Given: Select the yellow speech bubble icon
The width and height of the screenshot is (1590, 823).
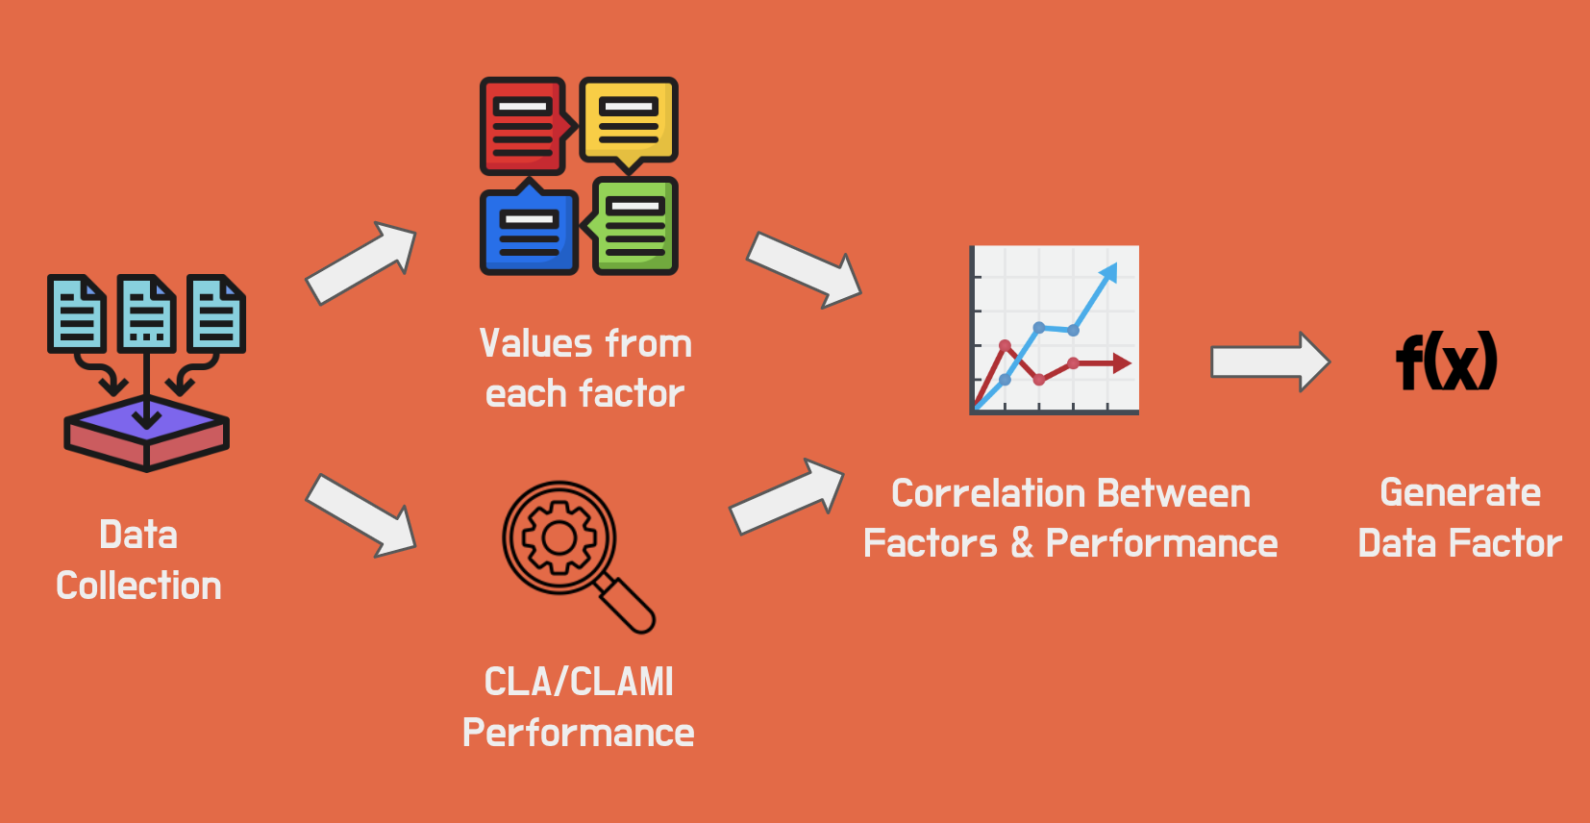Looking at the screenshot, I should click(629, 119).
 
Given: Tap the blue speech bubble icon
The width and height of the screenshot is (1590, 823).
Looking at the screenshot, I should click(529, 232).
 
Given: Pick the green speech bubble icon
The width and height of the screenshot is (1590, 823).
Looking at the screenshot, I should click(634, 226).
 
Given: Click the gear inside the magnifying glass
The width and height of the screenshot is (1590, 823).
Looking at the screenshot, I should click(559, 537).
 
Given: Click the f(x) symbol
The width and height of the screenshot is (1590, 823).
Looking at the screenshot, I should click(1446, 362).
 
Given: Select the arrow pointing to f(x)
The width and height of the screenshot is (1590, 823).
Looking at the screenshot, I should click(1269, 362).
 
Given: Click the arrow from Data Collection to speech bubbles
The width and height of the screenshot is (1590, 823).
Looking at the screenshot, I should click(360, 262).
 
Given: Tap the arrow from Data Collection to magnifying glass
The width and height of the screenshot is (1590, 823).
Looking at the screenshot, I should click(360, 514).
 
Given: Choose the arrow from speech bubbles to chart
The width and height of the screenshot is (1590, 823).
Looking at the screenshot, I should click(804, 269).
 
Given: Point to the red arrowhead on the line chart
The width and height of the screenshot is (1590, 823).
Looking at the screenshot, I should click(1121, 363).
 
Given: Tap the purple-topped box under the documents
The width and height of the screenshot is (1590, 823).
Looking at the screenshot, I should click(146, 434).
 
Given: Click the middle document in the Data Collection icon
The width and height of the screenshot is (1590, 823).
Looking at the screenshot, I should click(146, 312).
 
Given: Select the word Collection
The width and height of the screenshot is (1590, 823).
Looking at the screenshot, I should click(138, 586).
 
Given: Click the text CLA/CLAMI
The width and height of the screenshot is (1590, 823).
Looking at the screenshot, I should click(579, 682).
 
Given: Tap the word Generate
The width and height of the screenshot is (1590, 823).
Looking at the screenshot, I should click(1459, 492).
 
